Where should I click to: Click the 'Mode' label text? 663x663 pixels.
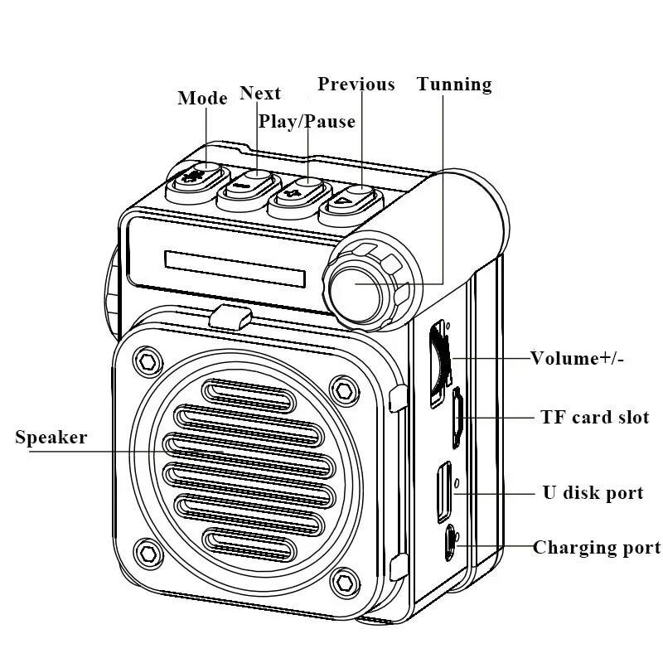(202, 99)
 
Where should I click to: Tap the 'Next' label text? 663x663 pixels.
(259, 93)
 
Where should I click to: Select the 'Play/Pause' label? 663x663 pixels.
(307, 122)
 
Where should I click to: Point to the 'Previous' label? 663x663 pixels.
(356, 85)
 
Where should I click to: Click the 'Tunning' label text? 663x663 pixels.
(454, 85)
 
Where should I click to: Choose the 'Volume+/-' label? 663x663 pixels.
(578, 359)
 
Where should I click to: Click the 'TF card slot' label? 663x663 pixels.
(594, 418)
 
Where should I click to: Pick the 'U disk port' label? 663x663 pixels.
(593, 493)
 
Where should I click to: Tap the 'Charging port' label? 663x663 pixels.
(597, 548)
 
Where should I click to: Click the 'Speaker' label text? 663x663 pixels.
(51, 438)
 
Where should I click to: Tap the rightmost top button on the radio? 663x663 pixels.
(351, 199)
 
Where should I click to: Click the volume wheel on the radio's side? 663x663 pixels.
(437, 357)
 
